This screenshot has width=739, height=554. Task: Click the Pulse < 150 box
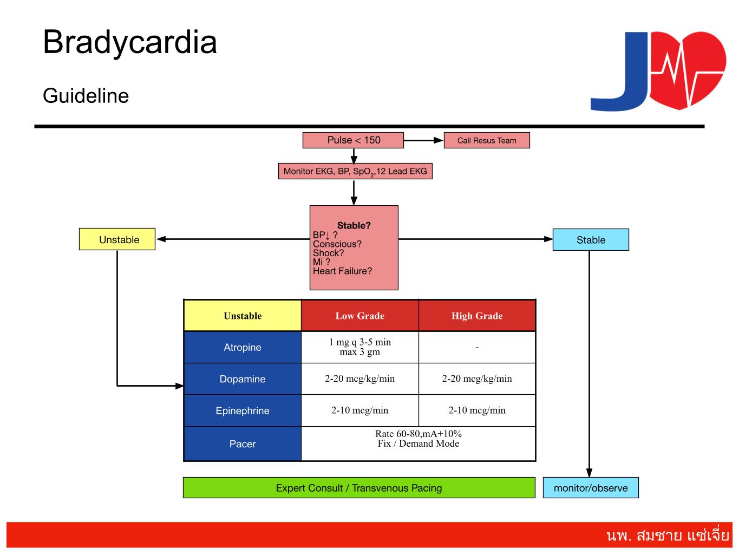pos(353,140)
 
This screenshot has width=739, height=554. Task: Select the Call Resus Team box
pos(487,141)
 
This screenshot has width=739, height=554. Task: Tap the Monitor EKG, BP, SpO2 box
pos(355,172)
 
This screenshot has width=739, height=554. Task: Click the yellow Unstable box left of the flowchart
pos(117,239)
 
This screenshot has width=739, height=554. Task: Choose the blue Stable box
pos(591,240)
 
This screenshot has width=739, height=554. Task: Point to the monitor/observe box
pos(591,488)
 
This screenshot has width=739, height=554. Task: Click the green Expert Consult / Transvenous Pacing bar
pos(359,488)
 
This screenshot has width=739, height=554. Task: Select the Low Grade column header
pos(360,316)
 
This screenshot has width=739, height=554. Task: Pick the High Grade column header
pos(477,316)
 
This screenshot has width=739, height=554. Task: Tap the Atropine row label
pos(243,347)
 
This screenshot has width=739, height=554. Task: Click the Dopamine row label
pos(243,379)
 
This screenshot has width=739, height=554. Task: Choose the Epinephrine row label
pos(243,410)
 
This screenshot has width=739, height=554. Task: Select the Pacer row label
pos(243,444)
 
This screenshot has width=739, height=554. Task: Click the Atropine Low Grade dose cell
pos(360,347)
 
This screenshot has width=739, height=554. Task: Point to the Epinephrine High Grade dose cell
pos(477,410)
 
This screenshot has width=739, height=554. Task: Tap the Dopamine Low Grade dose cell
pos(360,379)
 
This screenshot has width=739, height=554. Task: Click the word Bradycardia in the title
pos(130,42)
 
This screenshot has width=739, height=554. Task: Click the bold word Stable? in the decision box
pos(354,226)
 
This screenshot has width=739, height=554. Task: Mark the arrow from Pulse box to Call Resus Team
pos(423,140)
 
